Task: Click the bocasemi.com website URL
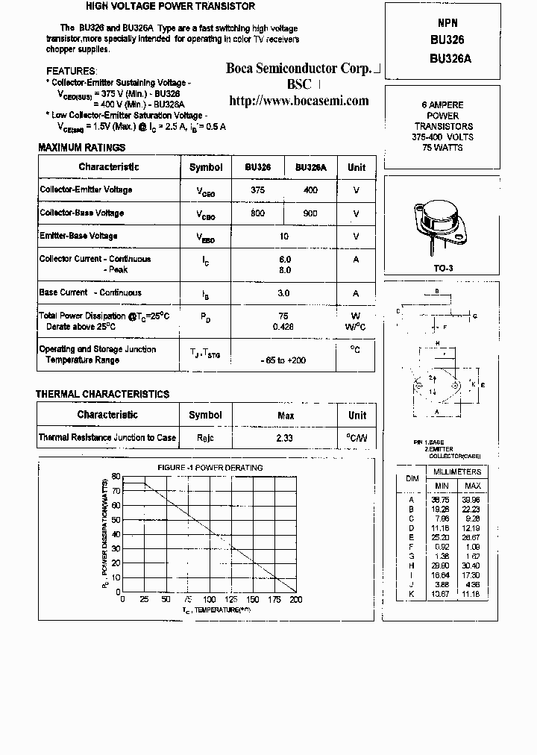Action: (x=298, y=101)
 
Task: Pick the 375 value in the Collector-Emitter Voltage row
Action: (x=258, y=190)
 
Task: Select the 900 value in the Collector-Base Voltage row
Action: (x=310, y=213)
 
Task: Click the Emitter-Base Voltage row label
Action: (x=78, y=236)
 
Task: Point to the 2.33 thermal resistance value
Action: (x=284, y=438)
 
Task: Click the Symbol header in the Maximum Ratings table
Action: (x=206, y=167)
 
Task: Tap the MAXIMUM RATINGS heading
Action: (x=82, y=148)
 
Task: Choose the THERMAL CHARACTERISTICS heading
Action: (x=103, y=394)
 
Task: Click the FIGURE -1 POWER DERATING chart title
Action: (x=210, y=468)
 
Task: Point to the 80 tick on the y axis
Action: (x=116, y=476)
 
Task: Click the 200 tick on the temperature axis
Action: (x=296, y=600)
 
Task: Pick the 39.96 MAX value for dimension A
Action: (x=472, y=500)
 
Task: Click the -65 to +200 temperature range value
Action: (x=284, y=360)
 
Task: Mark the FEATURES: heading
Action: (x=71, y=71)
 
